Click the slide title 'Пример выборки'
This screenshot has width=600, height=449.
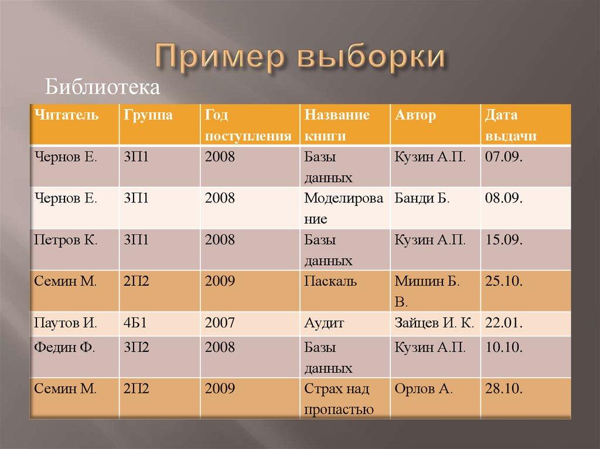(x=299, y=57)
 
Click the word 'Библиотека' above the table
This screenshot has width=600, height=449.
(x=103, y=88)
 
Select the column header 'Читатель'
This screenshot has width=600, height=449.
(x=66, y=115)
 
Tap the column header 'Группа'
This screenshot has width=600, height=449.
(x=148, y=115)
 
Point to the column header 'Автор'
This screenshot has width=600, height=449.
(x=415, y=115)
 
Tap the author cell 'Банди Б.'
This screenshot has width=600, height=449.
(x=422, y=198)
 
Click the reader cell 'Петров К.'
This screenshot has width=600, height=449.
(x=66, y=239)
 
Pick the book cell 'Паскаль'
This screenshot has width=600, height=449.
(x=330, y=281)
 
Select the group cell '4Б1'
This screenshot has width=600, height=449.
(x=136, y=322)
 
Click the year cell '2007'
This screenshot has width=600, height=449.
(x=220, y=322)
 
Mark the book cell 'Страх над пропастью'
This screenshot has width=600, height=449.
(x=339, y=398)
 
